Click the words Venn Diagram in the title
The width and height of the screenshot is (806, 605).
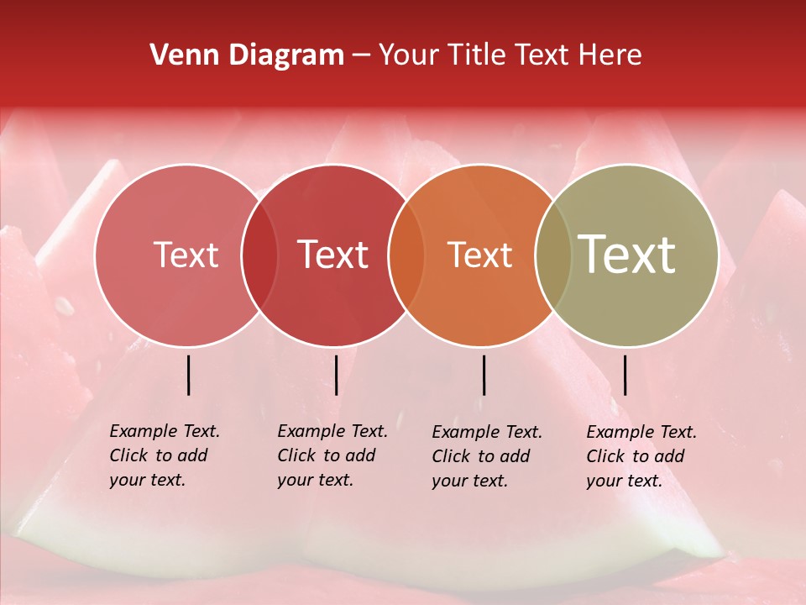(x=247, y=55)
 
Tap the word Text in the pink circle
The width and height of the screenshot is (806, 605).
(x=186, y=255)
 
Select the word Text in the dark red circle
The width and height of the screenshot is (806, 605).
(x=333, y=255)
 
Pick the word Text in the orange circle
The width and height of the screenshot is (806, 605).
(x=479, y=255)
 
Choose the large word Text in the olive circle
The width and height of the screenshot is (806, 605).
(x=627, y=255)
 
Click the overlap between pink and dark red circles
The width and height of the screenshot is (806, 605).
(x=259, y=255)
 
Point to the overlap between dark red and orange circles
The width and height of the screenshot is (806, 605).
(x=406, y=255)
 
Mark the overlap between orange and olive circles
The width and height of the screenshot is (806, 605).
(x=553, y=255)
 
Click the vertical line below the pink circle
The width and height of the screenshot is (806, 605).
(x=189, y=375)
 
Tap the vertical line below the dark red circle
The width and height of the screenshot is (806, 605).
(x=336, y=375)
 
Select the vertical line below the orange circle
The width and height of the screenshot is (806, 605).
(x=484, y=375)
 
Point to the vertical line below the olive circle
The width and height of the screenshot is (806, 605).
(x=625, y=375)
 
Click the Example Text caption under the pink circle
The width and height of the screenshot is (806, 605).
(x=164, y=455)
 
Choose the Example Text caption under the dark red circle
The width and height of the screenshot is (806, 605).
(x=332, y=455)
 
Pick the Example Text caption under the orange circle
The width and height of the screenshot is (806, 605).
(x=486, y=456)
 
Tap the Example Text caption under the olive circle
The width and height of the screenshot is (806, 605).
(x=641, y=456)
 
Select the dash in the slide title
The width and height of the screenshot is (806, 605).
(x=361, y=55)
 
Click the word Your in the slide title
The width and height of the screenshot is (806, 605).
(x=410, y=55)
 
